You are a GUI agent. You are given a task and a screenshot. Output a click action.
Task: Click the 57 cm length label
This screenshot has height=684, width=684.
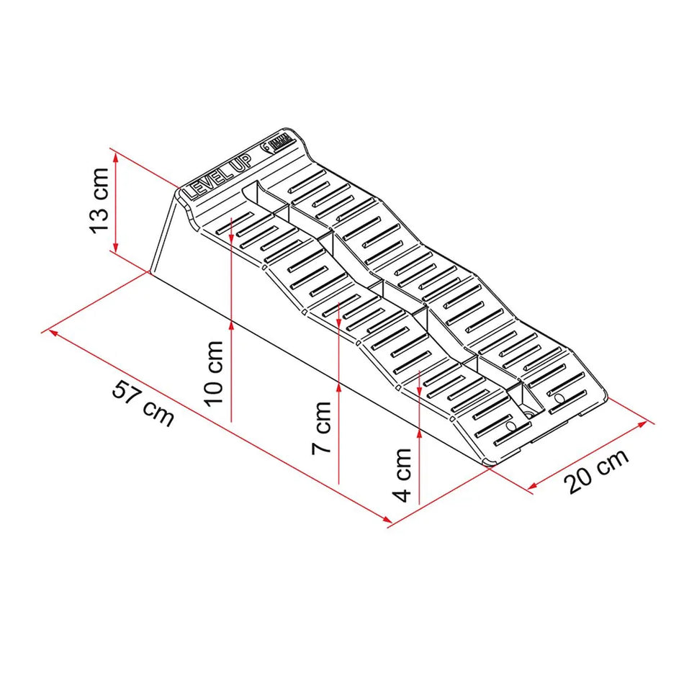pos(143,404)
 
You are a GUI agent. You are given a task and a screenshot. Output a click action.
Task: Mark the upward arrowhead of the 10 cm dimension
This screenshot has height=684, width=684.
pos(231,325)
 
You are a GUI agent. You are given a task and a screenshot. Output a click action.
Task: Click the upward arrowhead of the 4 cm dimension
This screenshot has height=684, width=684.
pos(419,433)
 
